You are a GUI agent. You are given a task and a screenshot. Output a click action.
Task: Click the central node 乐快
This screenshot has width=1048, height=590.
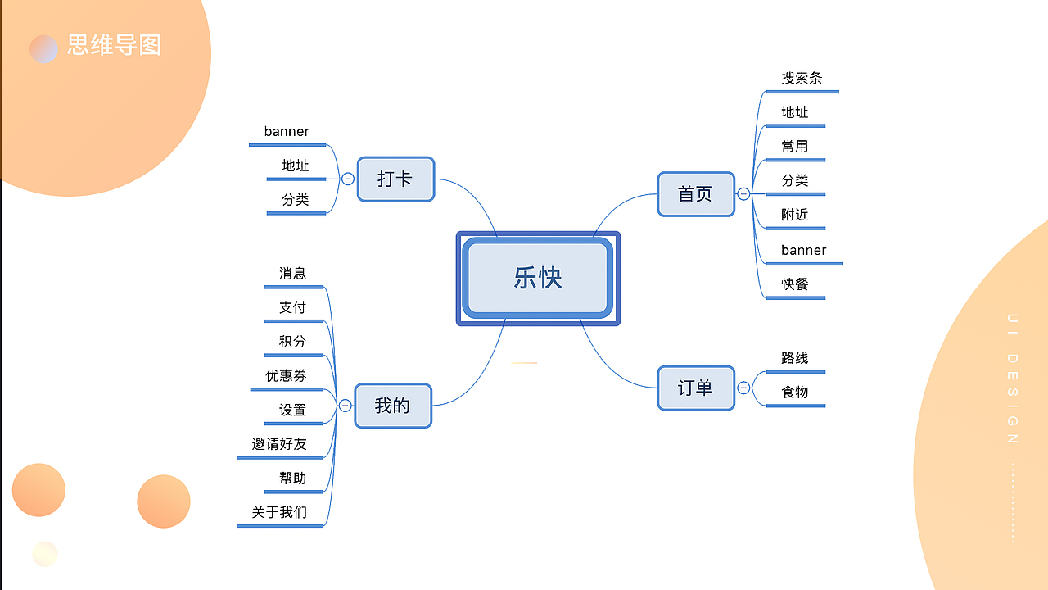(538, 278)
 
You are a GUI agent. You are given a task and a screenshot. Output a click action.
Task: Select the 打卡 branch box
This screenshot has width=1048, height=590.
(395, 179)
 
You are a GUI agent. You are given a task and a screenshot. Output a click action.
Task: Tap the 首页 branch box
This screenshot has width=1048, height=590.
(696, 194)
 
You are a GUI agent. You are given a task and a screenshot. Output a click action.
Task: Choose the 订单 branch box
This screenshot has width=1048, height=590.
(696, 388)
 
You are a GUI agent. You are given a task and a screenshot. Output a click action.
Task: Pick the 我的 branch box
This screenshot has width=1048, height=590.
(393, 406)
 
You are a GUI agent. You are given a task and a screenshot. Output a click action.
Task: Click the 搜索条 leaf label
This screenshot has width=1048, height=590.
(802, 79)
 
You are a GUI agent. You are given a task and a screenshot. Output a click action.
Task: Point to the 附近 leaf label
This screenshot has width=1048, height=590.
(795, 215)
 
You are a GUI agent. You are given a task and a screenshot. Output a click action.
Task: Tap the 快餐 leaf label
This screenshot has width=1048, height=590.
(795, 284)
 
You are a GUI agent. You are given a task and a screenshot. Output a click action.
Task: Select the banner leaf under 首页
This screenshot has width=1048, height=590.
(803, 250)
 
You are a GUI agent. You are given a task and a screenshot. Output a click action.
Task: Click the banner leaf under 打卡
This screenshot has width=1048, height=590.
(287, 131)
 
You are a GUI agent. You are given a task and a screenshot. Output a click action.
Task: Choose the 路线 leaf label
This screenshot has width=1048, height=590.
(795, 358)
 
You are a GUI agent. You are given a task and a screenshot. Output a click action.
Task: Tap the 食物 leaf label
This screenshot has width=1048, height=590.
(795, 393)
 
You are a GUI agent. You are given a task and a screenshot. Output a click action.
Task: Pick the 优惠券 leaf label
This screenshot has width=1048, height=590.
(286, 375)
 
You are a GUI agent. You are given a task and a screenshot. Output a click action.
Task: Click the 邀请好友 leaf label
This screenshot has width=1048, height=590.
(279, 444)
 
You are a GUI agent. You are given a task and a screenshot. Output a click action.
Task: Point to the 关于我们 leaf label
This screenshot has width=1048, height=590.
(279, 512)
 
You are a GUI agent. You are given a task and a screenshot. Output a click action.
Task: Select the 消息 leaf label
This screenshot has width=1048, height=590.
(292, 274)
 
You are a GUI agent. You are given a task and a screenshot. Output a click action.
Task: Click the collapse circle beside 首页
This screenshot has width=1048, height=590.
(743, 194)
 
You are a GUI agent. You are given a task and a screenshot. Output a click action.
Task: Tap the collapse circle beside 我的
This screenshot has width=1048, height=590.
(346, 406)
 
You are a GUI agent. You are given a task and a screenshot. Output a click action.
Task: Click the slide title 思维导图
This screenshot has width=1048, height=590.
(114, 45)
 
